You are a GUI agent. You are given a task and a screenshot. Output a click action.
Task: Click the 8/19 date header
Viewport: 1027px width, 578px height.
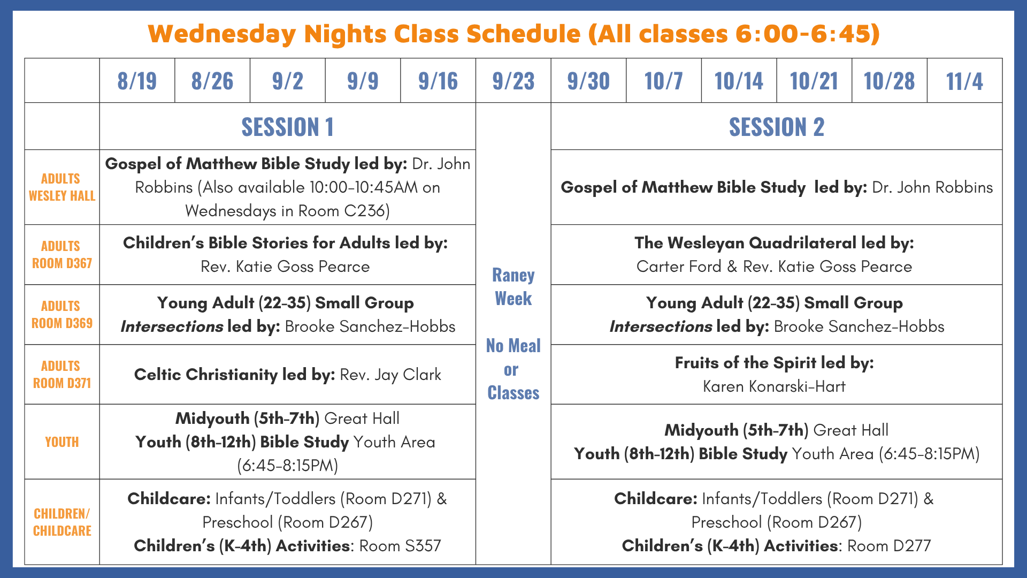click(137, 81)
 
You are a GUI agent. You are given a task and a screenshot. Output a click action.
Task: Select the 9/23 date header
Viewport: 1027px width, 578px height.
click(513, 81)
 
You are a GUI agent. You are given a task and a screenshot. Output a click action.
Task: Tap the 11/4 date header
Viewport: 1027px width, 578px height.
click(964, 81)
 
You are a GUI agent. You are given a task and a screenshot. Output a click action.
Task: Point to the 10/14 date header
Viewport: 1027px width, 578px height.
click(739, 81)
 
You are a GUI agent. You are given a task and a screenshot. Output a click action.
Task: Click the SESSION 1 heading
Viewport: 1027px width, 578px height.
click(287, 127)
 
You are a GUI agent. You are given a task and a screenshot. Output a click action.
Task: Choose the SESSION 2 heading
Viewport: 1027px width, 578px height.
click(777, 127)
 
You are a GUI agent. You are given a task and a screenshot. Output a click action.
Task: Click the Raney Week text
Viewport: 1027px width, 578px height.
click(513, 286)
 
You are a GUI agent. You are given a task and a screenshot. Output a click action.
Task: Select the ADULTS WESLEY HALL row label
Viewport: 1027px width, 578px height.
click(62, 187)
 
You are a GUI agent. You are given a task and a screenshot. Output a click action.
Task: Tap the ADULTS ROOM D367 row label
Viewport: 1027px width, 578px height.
click(62, 255)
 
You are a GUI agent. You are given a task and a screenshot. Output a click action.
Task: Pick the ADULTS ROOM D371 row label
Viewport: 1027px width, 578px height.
click(62, 375)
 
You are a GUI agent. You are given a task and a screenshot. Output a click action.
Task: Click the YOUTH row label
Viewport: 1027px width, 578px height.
click(62, 442)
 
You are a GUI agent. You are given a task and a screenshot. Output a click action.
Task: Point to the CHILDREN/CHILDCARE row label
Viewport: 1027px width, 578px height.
click(62, 522)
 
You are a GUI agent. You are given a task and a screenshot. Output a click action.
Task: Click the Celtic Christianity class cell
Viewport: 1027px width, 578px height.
click(288, 375)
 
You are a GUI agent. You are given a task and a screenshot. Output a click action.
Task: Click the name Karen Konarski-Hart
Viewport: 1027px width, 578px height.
click(774, 386)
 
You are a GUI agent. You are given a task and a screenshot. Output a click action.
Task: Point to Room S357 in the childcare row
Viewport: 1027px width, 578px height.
click(400, 546)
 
